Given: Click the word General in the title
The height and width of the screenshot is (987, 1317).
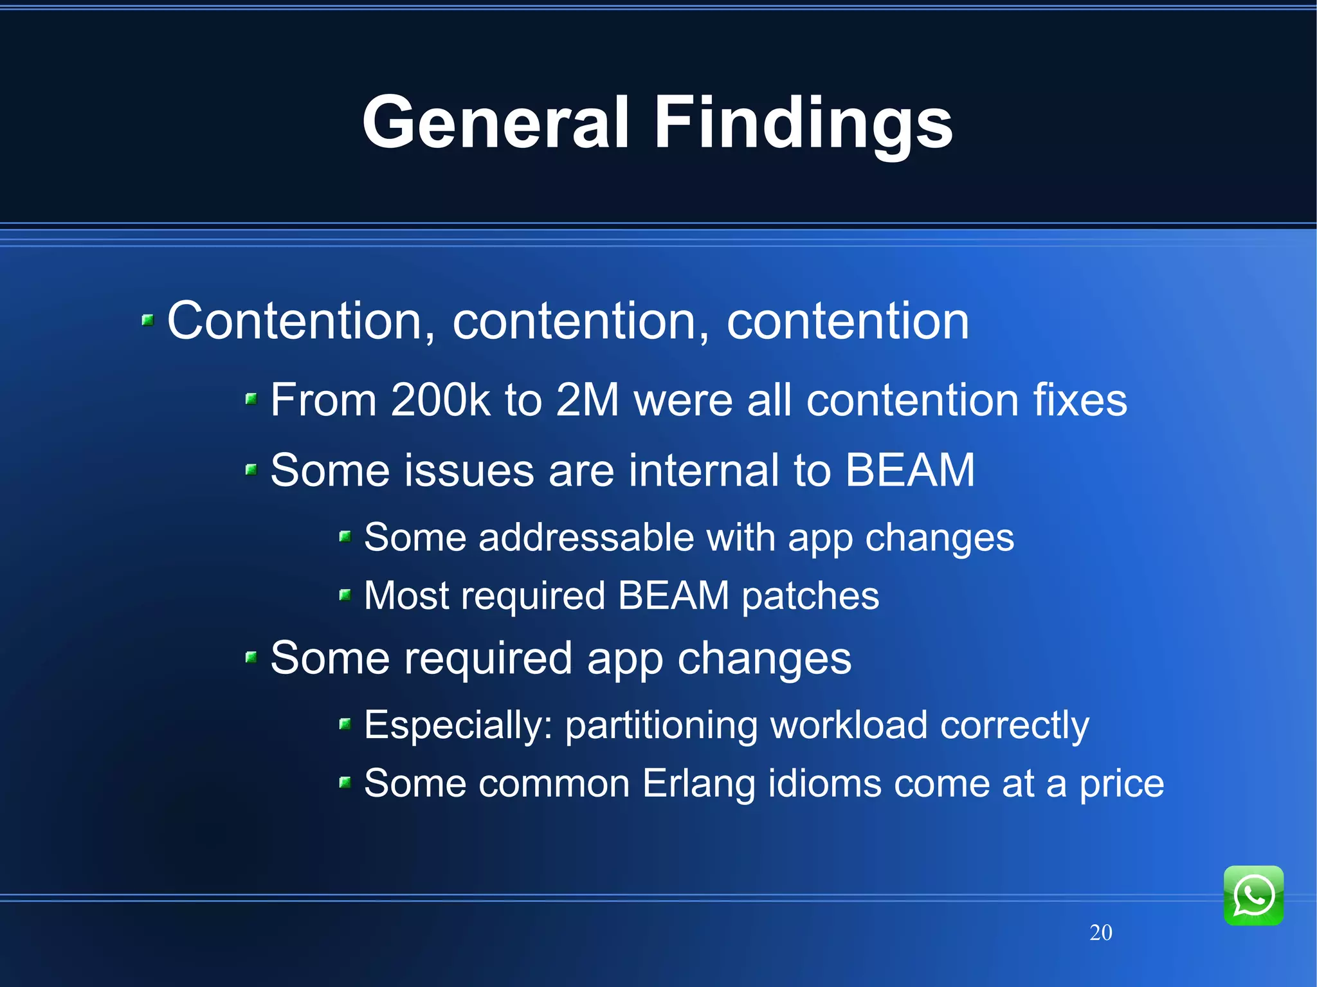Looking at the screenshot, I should click(495, 122).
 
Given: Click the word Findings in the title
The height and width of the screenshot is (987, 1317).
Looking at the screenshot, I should click(803, 122).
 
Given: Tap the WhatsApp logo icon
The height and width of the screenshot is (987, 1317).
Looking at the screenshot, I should click(1253, 895).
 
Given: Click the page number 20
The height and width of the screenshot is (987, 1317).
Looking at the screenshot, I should click(1100, 932).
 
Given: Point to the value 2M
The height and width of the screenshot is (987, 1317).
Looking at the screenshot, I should click(587, 400).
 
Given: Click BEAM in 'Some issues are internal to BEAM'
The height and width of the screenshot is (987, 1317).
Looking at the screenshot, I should click(909, 470).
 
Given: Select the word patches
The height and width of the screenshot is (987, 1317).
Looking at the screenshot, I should click(810, 596).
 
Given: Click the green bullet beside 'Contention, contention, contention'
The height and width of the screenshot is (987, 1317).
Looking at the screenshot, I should click(148, 320).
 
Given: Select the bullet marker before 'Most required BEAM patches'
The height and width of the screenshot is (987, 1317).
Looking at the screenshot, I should click(345, 595).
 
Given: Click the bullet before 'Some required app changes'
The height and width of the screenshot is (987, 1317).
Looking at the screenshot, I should click(251, 657).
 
